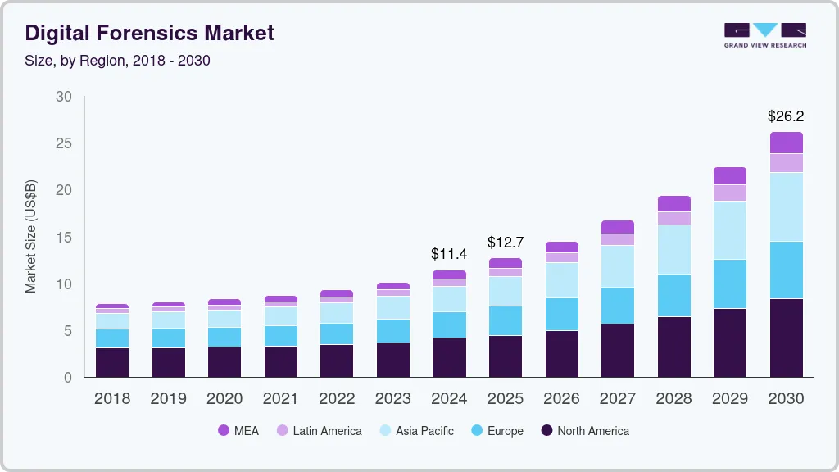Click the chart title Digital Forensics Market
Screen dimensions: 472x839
[x=149, y=33]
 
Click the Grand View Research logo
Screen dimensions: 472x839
[x=764, y=34]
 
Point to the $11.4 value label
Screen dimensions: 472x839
[x=449, y=255]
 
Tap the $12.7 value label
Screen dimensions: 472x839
[x=506, y=243]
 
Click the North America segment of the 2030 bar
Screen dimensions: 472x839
[x=787, y=338]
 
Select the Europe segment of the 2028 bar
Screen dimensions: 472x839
[x=674, y=295]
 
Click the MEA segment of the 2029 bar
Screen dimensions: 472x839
[x=730, y=175]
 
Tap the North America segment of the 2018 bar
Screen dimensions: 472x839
[x=112, y=362]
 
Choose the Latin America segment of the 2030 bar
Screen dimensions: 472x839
[x=787, y=163]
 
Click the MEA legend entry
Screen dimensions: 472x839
[x=238, y=431]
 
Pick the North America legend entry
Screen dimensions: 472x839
[x=585, y=431]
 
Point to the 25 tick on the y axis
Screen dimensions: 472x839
[x=64, y=143]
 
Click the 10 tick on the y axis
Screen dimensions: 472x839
[x=64, y=284]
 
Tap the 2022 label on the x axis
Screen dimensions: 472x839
[x=337, y=399]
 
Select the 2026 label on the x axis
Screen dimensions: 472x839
[x=562, y=399]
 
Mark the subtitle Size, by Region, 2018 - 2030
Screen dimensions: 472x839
[x=117, y=61]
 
